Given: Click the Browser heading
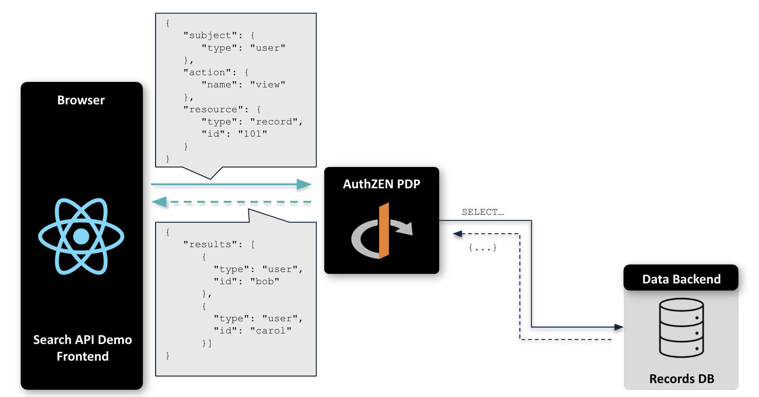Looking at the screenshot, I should coord(81,100).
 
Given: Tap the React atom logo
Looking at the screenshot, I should coord(81,236).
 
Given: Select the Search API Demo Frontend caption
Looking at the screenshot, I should coord(83,348).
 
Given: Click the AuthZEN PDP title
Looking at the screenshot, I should coord(382,184).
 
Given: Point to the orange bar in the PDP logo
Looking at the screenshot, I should coord(384,230).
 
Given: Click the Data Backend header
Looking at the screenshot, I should coord(681,279).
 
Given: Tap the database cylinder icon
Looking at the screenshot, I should coord(681,328).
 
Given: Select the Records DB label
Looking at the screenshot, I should coord(681,379).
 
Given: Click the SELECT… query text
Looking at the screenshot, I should coord(483,212).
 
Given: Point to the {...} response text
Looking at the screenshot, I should coord(483,248).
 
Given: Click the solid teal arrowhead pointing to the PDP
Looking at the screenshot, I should coord(304,184).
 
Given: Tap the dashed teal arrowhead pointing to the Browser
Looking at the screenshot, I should coord(159,202).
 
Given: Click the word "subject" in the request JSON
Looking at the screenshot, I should coord(210,35).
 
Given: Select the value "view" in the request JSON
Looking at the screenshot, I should coord(268,85).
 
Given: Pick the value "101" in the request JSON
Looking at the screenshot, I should coord(252,134).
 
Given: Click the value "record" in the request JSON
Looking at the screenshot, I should coord(274,122).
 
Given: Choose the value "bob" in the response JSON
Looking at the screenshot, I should coord(265,281).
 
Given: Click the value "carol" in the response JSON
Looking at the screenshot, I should coord(271,331).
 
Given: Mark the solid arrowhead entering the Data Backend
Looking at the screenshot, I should coord(619,327).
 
